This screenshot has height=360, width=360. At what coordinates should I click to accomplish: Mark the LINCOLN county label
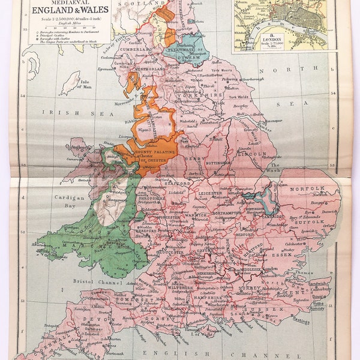click(250, 154)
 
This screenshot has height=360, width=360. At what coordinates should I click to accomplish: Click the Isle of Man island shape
click(72, 82)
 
